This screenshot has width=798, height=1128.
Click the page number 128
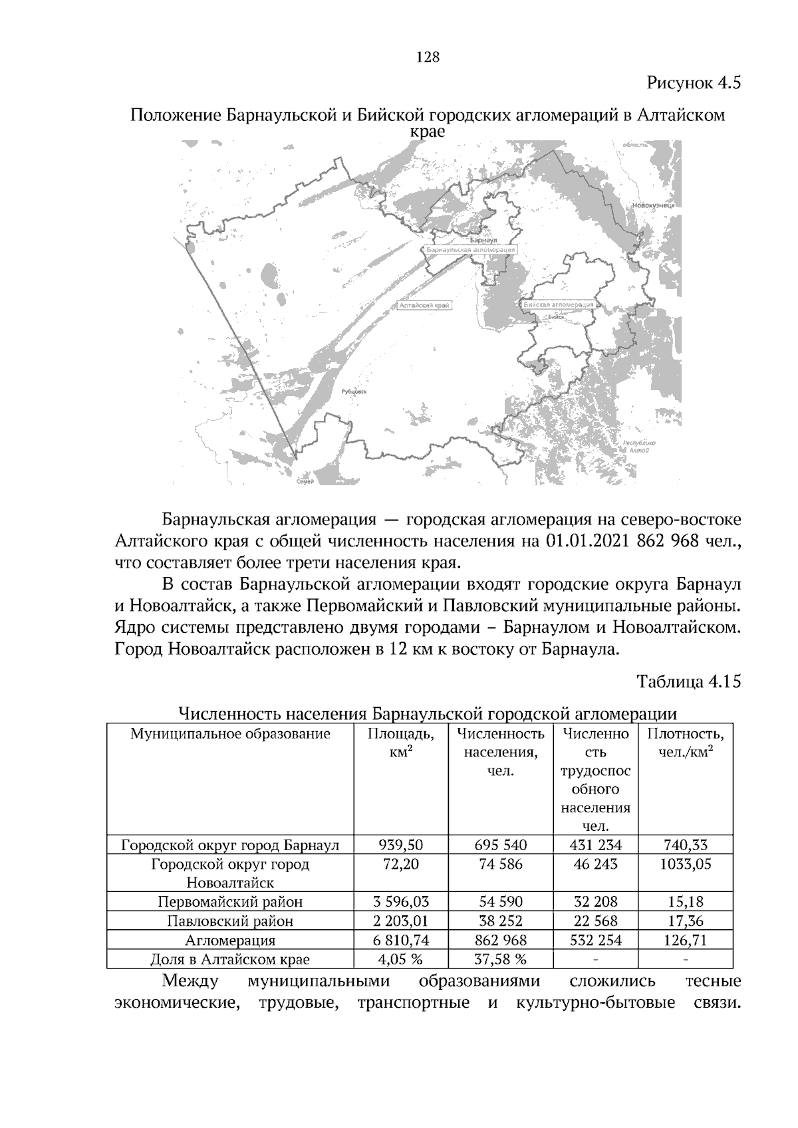click(428, 57)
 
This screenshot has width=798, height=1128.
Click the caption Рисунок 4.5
click(694, 84)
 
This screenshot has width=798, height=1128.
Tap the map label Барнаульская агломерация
click(471, 249)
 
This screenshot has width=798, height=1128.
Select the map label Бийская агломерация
click(559, 304)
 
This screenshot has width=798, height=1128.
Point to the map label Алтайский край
click(424, 305)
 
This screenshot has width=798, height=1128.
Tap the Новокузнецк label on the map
click(654, 206)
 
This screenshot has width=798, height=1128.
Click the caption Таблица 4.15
click(688, 682)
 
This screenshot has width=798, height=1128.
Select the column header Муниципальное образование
click(230, 734)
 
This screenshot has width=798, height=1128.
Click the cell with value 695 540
click(501, 846)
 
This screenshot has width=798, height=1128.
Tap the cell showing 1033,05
click(685, 864)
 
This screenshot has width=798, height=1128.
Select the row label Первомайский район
click(230, 902)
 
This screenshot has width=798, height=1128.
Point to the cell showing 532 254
click(595, 941)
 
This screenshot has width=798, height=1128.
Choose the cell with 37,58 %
click(501, 959)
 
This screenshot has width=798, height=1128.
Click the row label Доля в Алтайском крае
click(230, 959)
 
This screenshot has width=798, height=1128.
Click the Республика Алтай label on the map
click(639, 446)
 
